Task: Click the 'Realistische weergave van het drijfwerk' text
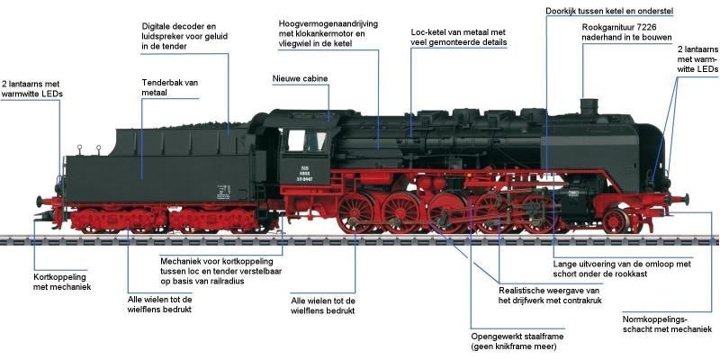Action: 548,296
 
